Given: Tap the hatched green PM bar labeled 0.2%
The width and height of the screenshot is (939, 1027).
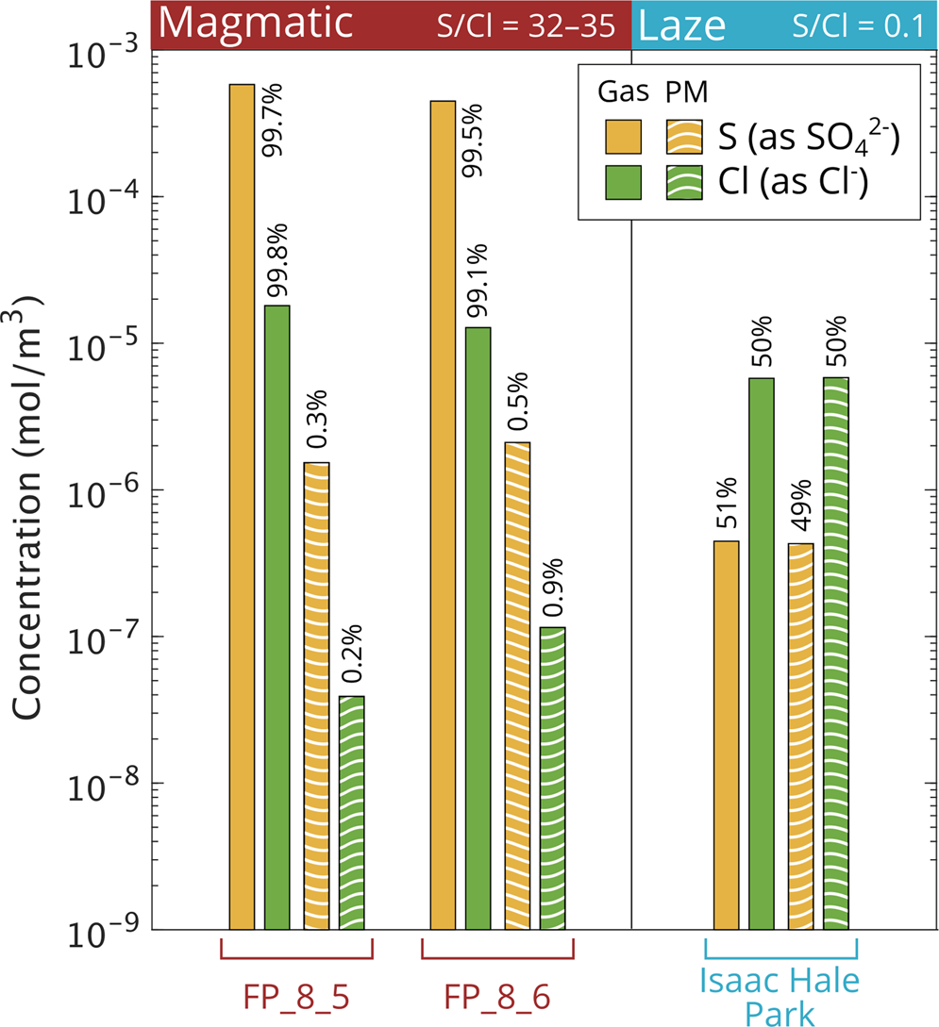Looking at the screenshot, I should (352, 812).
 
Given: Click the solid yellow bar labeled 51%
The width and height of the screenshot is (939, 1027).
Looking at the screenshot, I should (726, 735).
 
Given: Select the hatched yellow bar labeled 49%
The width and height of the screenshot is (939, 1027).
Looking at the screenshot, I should (800, 736).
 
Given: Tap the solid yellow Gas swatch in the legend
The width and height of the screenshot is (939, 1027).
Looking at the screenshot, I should (623, 138).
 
